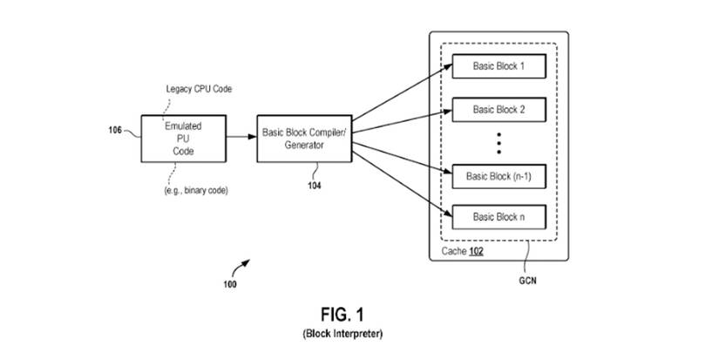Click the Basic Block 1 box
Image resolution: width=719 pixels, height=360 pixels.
coord(499,66)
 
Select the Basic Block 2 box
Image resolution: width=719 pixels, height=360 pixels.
coord(499,110)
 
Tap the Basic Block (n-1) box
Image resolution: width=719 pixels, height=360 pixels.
coord(499,175)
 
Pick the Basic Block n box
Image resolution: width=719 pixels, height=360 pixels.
coord(499,215)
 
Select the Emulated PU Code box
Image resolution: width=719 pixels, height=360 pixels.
coord(183,138)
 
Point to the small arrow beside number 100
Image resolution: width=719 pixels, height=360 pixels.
coord(245,263)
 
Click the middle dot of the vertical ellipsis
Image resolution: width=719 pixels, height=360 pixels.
coord(499,142)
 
